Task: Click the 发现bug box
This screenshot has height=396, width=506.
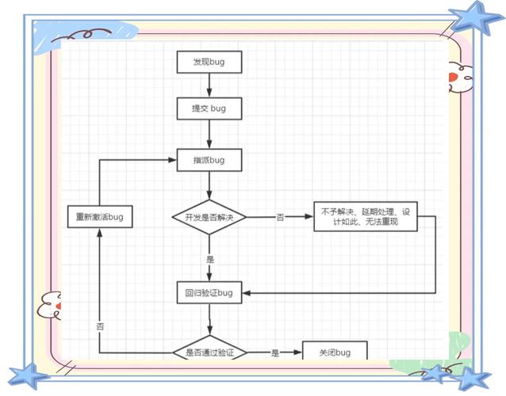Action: pos(209,62)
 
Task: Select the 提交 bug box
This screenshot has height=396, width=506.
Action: pos(209,109)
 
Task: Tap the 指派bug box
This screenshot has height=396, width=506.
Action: pos(209,160)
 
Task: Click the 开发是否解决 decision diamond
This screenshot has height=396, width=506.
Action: pos(209,216)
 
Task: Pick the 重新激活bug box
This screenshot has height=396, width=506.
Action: pos(99,216)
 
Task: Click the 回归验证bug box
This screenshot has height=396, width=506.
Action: pos(209,293)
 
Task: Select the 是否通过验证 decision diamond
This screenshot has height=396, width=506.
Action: pos(209,352)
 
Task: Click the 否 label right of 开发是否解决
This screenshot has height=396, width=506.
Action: pos(280,216)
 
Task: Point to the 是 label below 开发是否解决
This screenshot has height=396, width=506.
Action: pos(209,259)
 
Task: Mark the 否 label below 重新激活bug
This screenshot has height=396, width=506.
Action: pos(100,326)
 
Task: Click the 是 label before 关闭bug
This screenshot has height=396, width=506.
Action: pos(275,352)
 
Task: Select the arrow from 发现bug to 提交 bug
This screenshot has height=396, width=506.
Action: pos(209,85)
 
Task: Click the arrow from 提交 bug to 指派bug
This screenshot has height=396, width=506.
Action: pos(209,135)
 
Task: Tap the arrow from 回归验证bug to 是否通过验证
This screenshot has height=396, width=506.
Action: pos(209,321)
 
